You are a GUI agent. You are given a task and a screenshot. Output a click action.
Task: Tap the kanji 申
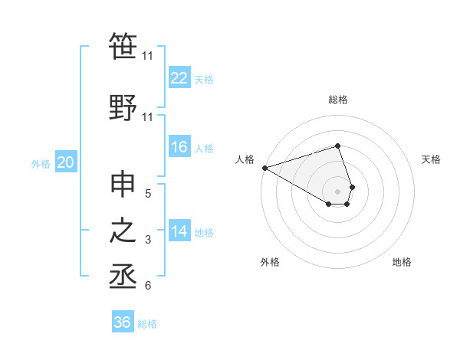point(123,186)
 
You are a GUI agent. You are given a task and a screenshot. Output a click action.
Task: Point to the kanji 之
point(123,231)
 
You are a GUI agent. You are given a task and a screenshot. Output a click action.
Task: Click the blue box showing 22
point(179,79)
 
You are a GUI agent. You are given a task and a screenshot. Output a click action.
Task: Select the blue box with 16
point(179,148)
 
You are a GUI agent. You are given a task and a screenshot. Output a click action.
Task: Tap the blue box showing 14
point(179,232)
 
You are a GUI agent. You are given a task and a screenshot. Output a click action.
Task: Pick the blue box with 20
point(66,162)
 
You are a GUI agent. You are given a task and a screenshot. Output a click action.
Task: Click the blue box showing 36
point(123,322)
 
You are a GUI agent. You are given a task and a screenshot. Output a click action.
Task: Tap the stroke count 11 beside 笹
point(148,55)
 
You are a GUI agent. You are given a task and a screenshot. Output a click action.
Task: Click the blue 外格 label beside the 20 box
point(41,163)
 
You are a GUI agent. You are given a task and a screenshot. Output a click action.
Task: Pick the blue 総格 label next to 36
point(147,324)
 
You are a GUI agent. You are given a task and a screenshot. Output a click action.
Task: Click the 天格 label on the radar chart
point(432,159)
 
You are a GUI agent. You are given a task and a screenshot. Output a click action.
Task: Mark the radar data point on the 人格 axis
point(264,168)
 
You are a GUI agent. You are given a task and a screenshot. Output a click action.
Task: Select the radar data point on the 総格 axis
point(337,146)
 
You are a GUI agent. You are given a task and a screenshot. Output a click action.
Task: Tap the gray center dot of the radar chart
point(337,191)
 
